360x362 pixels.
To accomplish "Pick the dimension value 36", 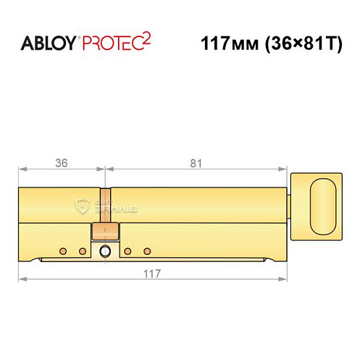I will (x=62, y=163).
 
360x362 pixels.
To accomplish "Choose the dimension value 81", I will (x=196, y=163).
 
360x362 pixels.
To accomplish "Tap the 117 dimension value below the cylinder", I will (x=151, y=274).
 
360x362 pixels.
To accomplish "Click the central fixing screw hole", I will (x=106, y=251).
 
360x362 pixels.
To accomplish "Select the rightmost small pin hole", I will (x=147, y=251).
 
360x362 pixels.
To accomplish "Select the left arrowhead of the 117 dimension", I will (x=22, y=280).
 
